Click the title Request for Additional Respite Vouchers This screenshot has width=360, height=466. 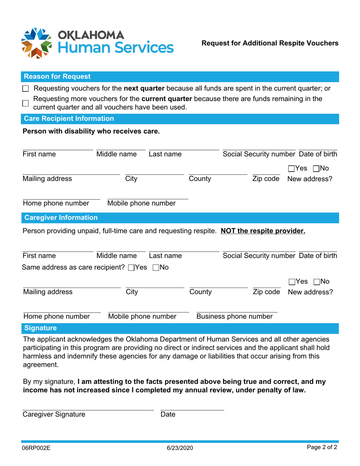tap(270, 43)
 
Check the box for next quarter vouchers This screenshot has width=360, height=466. tap(25, 89)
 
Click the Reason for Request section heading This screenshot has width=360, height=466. tap(57, 77)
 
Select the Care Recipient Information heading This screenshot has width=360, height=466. tap(69, 119)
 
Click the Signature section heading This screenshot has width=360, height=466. tap(40, 327)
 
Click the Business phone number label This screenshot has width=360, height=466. tap(234, 316)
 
